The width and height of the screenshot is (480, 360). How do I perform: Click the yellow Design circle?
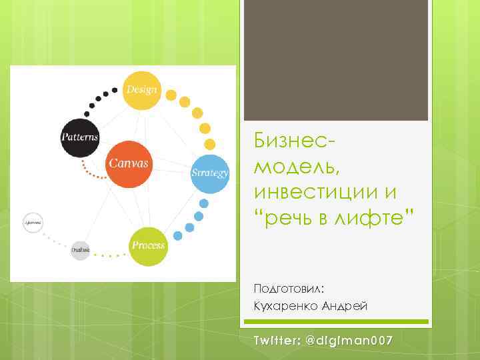pyautogui.click(x=141, y=91)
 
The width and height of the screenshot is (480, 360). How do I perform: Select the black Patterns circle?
pyautogui.click(x=79, y=138)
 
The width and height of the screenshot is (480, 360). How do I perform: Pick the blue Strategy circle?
pyautogui.click(x=210, y=173)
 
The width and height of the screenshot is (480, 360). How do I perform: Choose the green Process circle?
pyautogui.click(x=147, y=246)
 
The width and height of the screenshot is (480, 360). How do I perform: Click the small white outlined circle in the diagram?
pyautogui.click(x=33, y=221)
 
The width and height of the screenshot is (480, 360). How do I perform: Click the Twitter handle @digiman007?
pyautogui.click(x=349, y=341)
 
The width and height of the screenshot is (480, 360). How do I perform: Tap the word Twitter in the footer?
pyautogui.click(x=275, y=341)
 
